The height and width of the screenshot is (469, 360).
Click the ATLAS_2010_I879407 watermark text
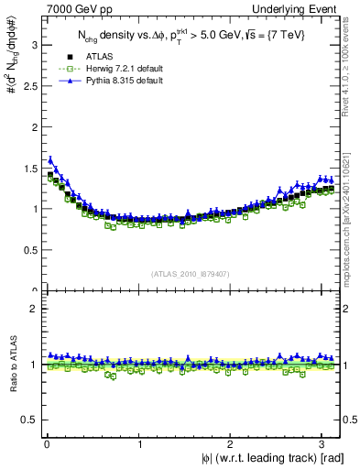(x=190, y=273)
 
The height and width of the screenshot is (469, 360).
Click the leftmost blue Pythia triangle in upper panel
(x=50, y=158)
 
